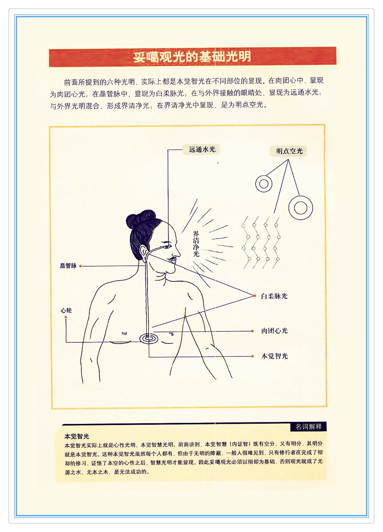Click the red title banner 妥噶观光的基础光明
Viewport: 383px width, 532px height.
(192, 57)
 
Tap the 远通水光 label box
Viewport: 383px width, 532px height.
(201, 149)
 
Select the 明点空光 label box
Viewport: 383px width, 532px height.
(289, 151)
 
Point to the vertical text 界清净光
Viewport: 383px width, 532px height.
(196, 244)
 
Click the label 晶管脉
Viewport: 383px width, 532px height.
(68, 266)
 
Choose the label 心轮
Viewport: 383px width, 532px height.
(66, 310)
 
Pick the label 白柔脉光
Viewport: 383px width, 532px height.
(274, 296)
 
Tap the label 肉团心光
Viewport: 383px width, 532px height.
(274, 331)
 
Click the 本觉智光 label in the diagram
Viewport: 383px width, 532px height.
(274, 356)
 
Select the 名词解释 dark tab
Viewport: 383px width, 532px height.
(309, 427)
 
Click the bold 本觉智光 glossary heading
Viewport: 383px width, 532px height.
(77, 436)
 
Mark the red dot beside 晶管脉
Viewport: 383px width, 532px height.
(81, 266)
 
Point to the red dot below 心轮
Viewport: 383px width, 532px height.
(66, 317)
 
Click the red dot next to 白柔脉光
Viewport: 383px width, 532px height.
(255, 296)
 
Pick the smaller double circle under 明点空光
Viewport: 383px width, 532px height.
(264, 183)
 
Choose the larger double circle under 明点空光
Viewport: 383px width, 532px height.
(300, 208)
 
